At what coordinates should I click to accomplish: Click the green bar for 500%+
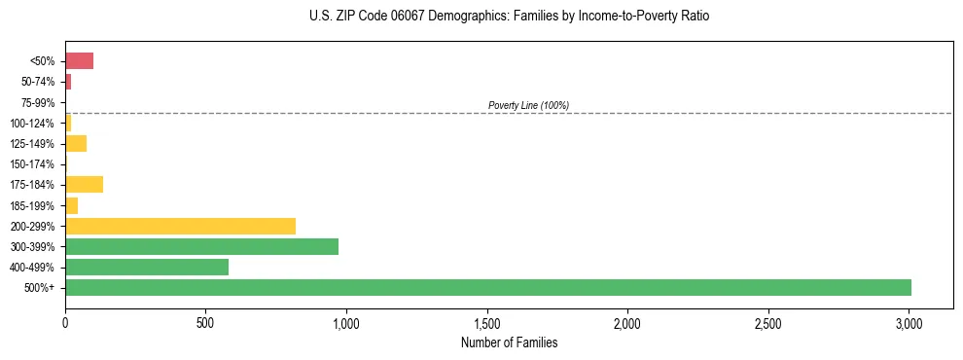pyautogui.click(x=487, y=287)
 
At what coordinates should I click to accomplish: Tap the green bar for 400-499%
pyautogui.click(x=147, y=267)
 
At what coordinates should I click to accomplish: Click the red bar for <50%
pyautogui.click(x=79, y=61)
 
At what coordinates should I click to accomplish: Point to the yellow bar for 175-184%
pyautogui.click(x=84, y=185)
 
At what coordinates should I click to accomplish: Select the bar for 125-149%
pyautogui.click(x=76, y=144)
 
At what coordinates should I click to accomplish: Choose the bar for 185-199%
pyautogui.click(x=71, y=205)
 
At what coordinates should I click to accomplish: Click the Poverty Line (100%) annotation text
pyautogui.click(x=528, y=105)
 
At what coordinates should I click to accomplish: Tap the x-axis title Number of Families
pyautogui.click(x=509, y=343)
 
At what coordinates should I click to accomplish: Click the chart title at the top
pyautogui.click(x=510, y=17)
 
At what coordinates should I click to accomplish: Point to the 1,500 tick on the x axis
pyautogui.click(x=487, y=322)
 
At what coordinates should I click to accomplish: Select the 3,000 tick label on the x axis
pyautogui.click(x=909, y=322)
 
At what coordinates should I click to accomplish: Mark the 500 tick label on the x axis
pyautogui.click(x=205, y=322)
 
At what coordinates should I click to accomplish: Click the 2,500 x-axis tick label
pyautogui.click(x=768, y=322)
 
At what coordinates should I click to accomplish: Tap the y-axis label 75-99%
pyautogui.click(x=39, y=103)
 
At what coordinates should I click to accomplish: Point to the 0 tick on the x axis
pyautogui.click(x=65, y=322)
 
